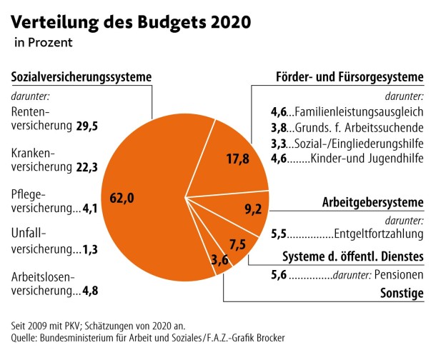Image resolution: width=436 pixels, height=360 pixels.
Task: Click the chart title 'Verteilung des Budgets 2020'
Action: [x=131, y=21]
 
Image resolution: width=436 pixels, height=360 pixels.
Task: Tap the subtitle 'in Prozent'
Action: [x=43, y=43]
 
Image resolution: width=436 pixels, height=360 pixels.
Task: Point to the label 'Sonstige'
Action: [x=402, y=294]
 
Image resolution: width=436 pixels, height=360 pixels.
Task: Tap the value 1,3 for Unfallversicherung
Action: [x=90, y=249]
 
